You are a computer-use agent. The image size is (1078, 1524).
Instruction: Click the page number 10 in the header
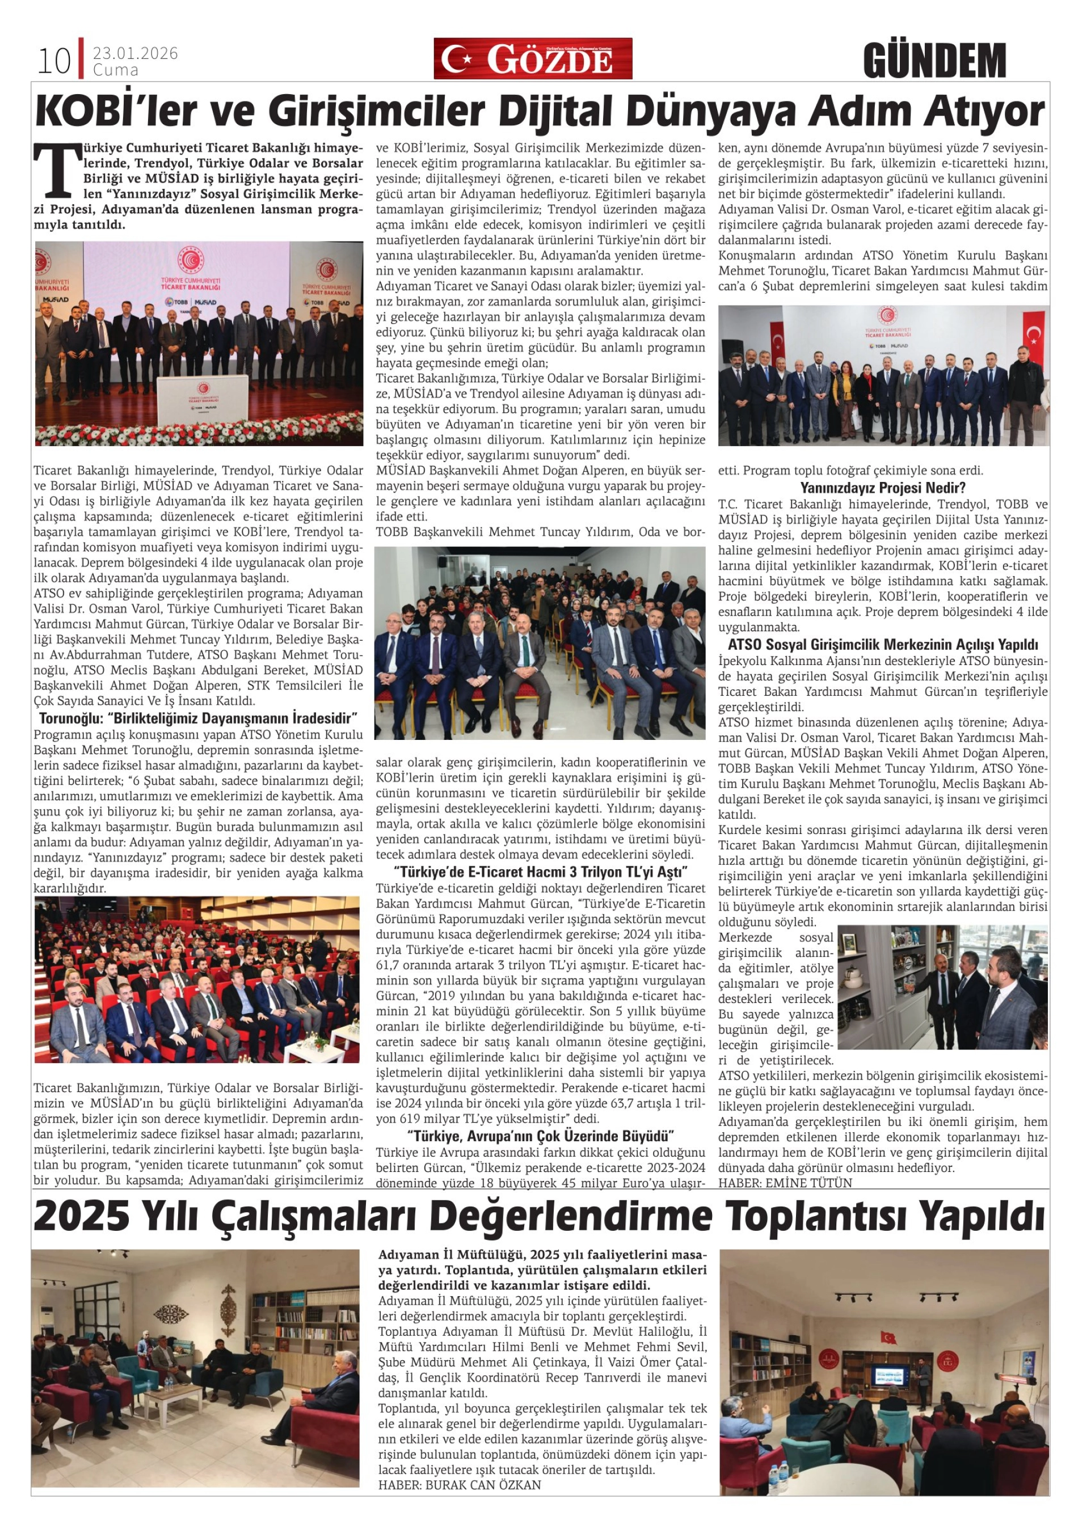tap(53, 62)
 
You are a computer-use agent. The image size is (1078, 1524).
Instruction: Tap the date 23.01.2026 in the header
tap(135, 54)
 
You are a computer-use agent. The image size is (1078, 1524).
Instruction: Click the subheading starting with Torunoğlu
tap(198, 718)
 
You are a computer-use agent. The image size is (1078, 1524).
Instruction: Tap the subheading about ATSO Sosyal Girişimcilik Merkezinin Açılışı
tap(883, 645)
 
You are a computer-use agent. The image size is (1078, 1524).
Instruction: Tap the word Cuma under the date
tap(116, 70)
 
